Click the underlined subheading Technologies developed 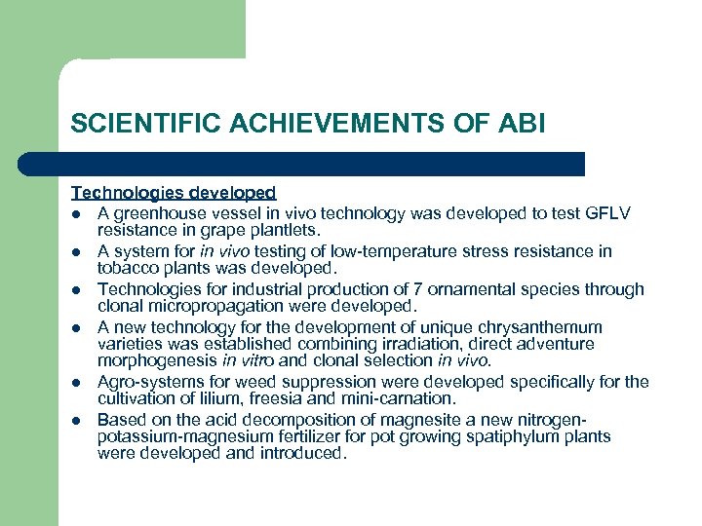point(174,193)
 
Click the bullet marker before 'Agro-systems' point(75,382)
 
